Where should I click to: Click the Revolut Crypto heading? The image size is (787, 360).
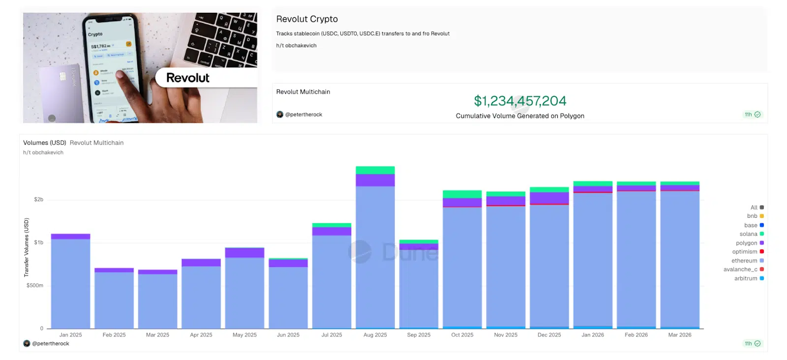307,19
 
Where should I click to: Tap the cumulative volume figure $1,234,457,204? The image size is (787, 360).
520,101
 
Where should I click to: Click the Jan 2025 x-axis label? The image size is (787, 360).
70,335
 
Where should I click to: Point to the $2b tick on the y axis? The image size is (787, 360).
38,200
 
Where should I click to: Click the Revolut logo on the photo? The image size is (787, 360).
188,78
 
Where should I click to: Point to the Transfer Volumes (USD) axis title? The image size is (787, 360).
27,247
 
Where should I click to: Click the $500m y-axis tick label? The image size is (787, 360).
35,285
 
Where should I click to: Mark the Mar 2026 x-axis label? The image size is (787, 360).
679,335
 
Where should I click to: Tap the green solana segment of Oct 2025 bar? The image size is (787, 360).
462,194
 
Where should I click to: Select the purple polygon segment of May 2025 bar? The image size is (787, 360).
244,253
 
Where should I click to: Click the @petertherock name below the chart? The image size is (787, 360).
50,344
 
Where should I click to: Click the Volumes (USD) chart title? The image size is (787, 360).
44,143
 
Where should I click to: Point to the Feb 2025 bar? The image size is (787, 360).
114,300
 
